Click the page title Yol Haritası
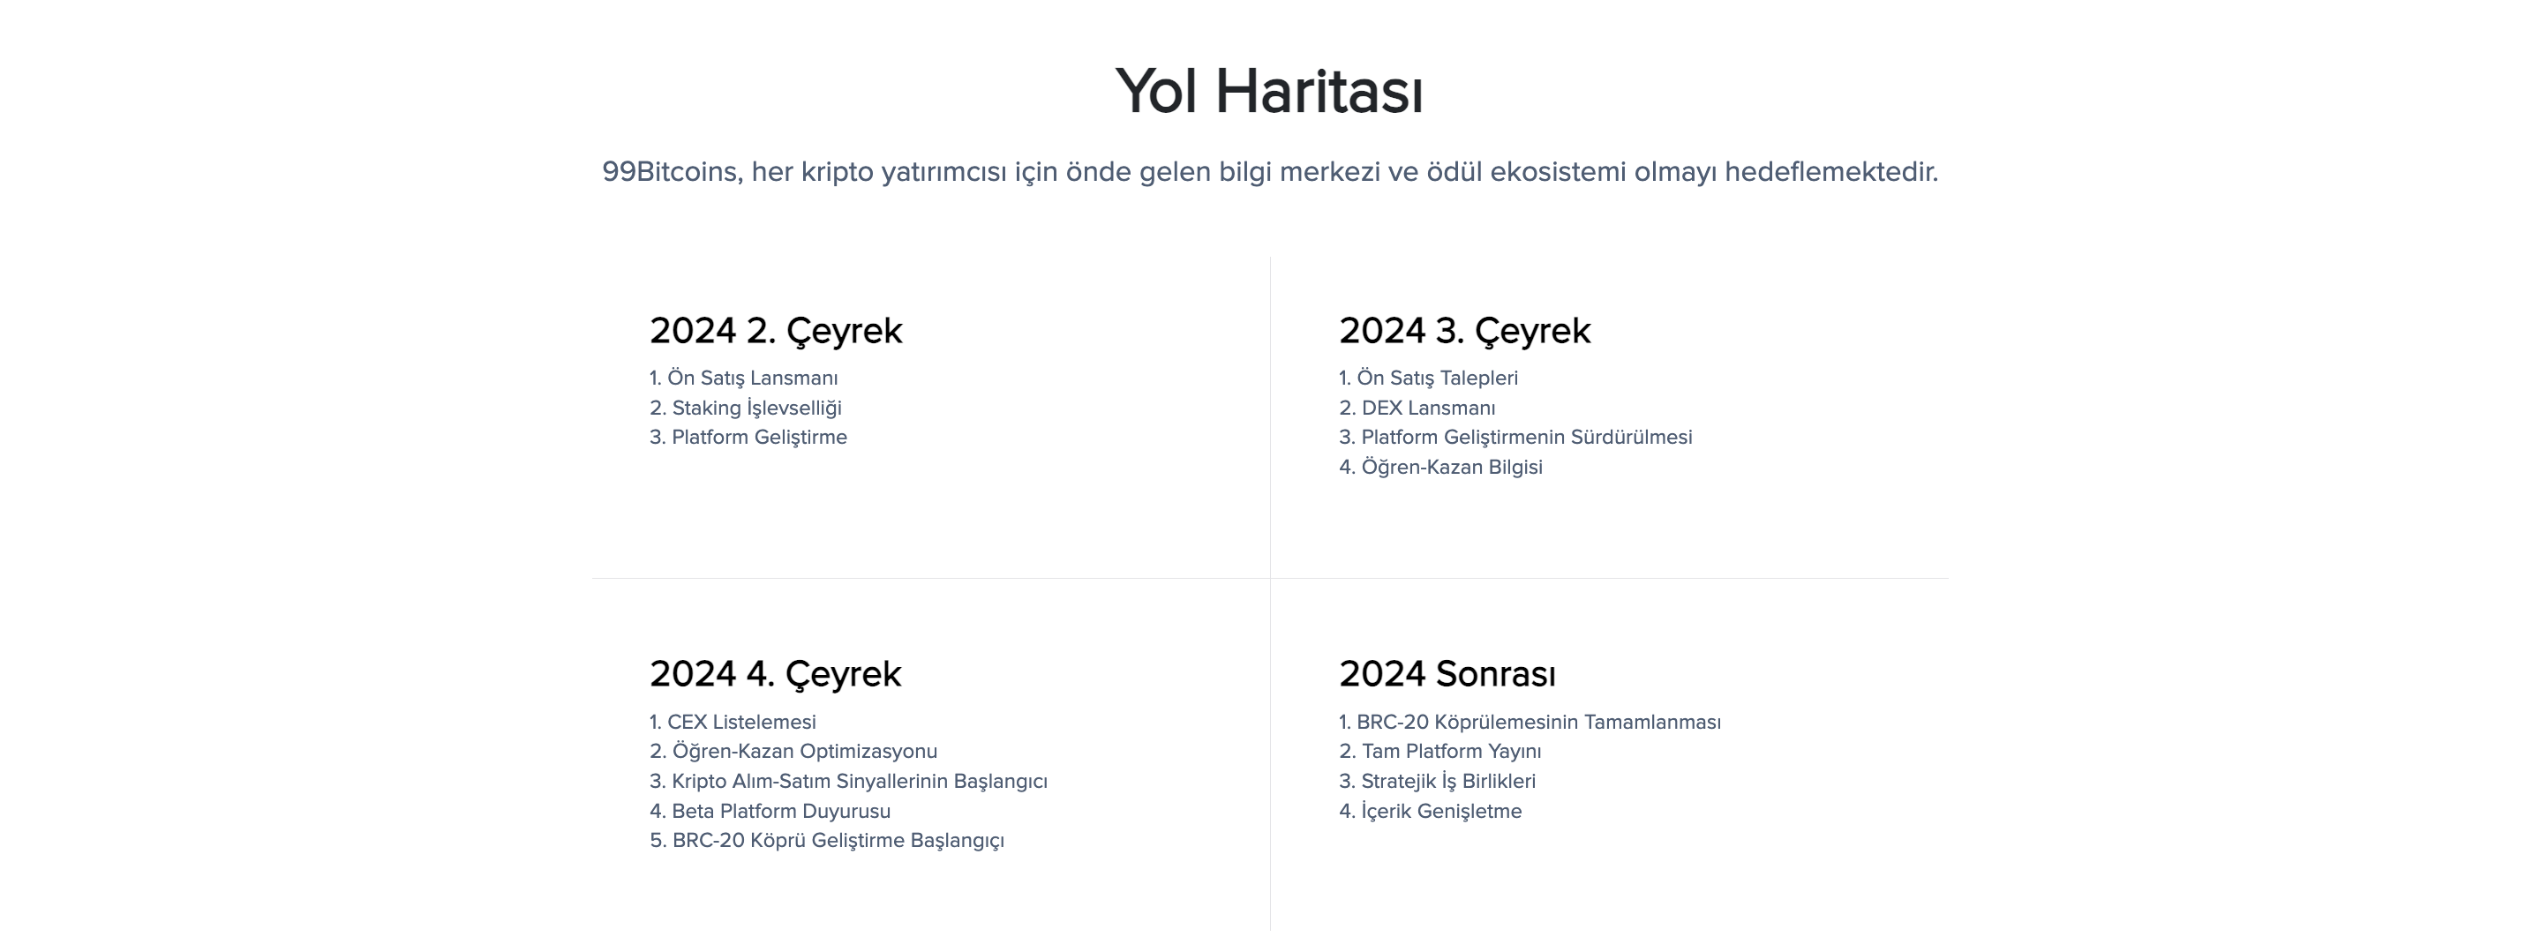[x=1268, y=92]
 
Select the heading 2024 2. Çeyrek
[x=775, y=330]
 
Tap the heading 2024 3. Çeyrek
[x=1464, y=330]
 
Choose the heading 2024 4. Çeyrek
[x=775, y=674]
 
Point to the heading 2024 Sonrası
[x=1447, y=674]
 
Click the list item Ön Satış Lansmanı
[x=752, y=379]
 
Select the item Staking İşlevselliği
[x=756, y=408]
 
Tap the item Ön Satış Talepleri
[x=1437, y=379]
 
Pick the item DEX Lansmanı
[x=1427, y=408]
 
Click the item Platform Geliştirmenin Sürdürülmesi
[x=1526, y=438]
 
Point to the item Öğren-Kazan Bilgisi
[x=1450, y=467]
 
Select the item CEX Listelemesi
[x=741, y=723]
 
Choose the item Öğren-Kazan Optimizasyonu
[x=803, y=752]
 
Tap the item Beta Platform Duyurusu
[x=781, y=811]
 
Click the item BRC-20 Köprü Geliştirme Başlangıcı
[x=837, y=841]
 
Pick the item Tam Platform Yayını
[x=1450, y=752]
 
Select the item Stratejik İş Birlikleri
[x=1447, y=782]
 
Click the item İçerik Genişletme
[x=1440, y=811]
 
